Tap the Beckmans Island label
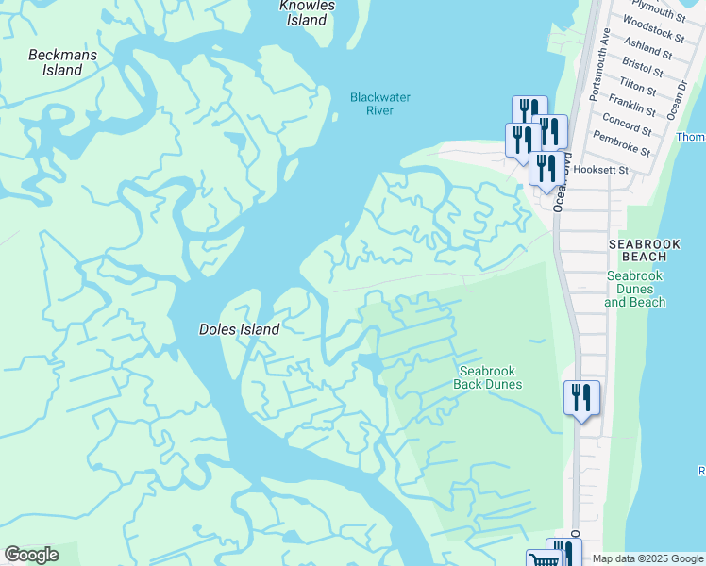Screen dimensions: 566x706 click(56, 62)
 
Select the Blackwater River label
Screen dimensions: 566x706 click(372, 104)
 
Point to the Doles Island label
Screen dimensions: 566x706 click(239, 329)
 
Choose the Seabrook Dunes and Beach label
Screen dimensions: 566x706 click(635, 289)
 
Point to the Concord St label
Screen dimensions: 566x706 click(627, 123)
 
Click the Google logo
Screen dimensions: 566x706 click(31, 555)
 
